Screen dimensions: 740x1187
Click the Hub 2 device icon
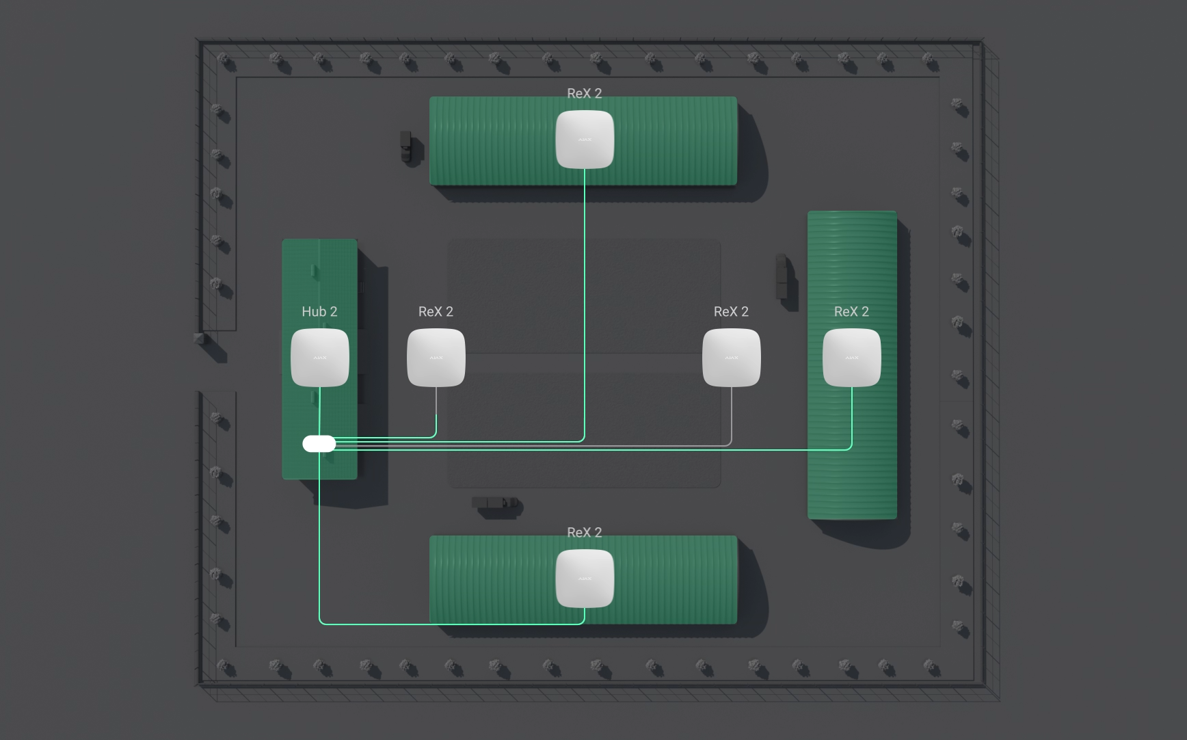(319, 358)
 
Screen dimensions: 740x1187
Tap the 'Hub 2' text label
(319, 312)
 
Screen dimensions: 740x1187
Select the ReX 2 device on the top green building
(585, 140)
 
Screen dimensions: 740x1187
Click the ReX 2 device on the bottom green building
(585, 579)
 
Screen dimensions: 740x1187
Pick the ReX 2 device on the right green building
(851, 358)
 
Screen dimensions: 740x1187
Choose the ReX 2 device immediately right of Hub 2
(436, 358)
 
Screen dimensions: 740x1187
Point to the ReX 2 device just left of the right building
(731, 358)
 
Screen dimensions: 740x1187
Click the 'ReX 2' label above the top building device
(585, 94)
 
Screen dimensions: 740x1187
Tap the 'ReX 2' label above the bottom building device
(585, 533)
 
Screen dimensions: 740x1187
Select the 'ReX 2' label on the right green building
(851, 312)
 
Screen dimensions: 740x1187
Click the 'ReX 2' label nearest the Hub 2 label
(436, 312)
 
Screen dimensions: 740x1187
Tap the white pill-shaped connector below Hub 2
(319, 444)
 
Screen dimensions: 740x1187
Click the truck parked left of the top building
(407, 147)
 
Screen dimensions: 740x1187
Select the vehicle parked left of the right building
(782, 277)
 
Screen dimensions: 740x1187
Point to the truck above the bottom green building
(495, 505)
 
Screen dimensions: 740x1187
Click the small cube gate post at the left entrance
(199, 338)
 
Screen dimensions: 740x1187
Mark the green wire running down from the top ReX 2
(585, 301)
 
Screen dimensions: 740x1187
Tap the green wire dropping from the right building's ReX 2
(851, 417)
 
